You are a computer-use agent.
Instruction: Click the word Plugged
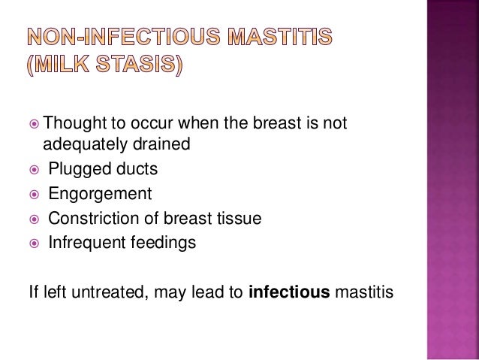[x=74, y=169]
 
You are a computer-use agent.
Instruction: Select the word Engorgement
[x=100, y=195]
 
